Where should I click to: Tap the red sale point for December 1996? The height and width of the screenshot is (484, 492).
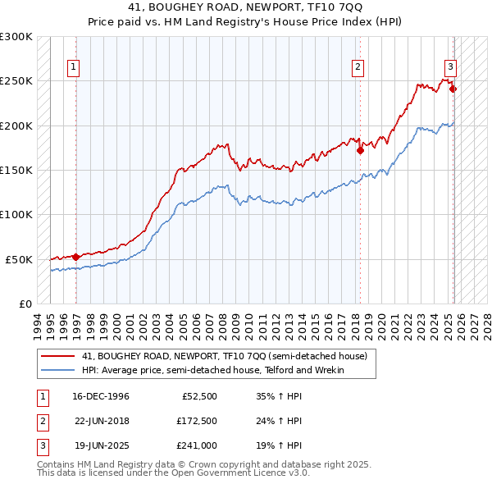coord(76,257)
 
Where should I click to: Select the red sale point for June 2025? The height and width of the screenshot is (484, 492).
coord(453,89)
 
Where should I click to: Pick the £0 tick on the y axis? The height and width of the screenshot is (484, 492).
coord(25,304)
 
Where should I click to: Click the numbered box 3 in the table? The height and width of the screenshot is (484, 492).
coord(41,447)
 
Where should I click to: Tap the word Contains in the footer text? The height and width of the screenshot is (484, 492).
coord(58,464)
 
